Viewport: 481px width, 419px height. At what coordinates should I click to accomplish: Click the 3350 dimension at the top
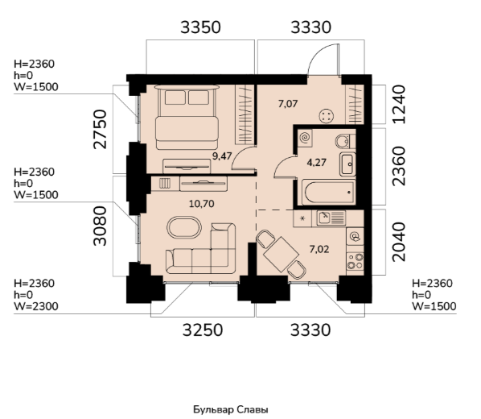pyautogui.click(x=200, y=27)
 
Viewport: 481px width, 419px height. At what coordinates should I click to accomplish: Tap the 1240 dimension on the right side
pyautogui.click(x=399, y=105)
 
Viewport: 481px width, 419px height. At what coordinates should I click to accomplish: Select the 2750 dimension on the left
pyautogui.click(x=101, y=130)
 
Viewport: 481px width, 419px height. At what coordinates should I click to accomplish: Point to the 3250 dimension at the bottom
pyautogui.click(x=203, y=330)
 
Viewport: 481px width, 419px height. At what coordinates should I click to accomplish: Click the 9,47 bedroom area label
pyautogui.click(x=222, y=156)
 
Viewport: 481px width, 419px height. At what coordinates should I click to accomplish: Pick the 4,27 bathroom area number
pyautogui.click(x=317, y=162)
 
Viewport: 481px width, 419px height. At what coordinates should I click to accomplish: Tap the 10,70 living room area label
pyautogui.click(x=202, y=204)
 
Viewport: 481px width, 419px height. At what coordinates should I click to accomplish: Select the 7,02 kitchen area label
pyautogui.click(x=319, y=249)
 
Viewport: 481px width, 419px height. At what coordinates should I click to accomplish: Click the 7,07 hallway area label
pyautogui.click(x=288, y=104)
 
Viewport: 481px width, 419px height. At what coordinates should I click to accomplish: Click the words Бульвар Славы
pyautogui.click(x=231, y=409)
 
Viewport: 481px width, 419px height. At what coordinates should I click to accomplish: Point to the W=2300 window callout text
pyautogui.click(x=36, y=306)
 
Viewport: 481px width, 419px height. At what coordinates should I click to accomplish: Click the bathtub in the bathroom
pyautogui.click(x=328, y=193)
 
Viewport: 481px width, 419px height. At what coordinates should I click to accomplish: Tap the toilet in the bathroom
pyautogui.click(x=345, y=141)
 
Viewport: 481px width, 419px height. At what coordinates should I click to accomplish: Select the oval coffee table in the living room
pyautogui.click(x=184, y=227)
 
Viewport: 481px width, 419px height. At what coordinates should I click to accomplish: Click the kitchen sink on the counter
pyautogui.click(x=331, y=218)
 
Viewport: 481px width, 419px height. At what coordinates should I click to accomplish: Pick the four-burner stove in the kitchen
pyautogui.click(x=355, y=261)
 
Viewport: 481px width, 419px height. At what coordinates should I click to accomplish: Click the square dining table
pyautogui.click(x=281, y=255)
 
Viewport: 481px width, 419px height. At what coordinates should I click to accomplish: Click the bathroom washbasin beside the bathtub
pyautogui.click(x=347, y=164)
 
